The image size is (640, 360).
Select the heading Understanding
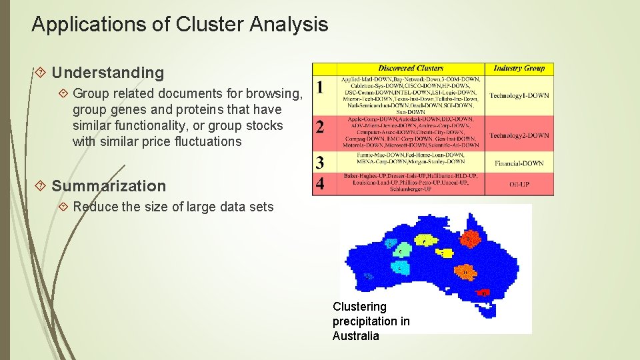tap(107, 73)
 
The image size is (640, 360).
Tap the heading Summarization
tap(109, 186)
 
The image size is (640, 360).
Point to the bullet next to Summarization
tap(42, 186)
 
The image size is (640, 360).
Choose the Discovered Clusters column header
tap(411, 68)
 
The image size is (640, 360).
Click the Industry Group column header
tap(519, 68)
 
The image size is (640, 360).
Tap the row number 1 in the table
tap(321, 87)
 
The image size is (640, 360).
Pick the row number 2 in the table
tap(321, 127)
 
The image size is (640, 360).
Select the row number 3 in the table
tap(321, 162)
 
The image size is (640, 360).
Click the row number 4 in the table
tap(321, 183)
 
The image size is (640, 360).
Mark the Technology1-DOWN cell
tap(519, 96)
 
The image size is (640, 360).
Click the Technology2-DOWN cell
tap(519, 136)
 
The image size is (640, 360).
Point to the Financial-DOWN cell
tap(519, 163)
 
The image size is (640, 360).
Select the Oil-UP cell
tap(519, 184)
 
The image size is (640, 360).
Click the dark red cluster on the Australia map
tap(483, 292)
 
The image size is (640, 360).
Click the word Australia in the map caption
tap(355, 336)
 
